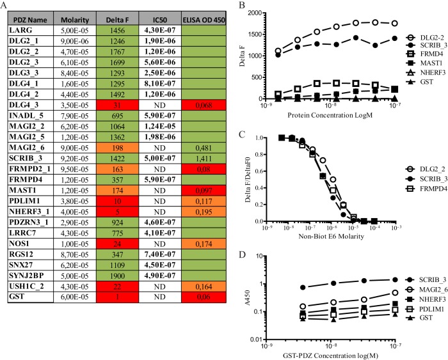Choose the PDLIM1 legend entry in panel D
pos(426,308)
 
